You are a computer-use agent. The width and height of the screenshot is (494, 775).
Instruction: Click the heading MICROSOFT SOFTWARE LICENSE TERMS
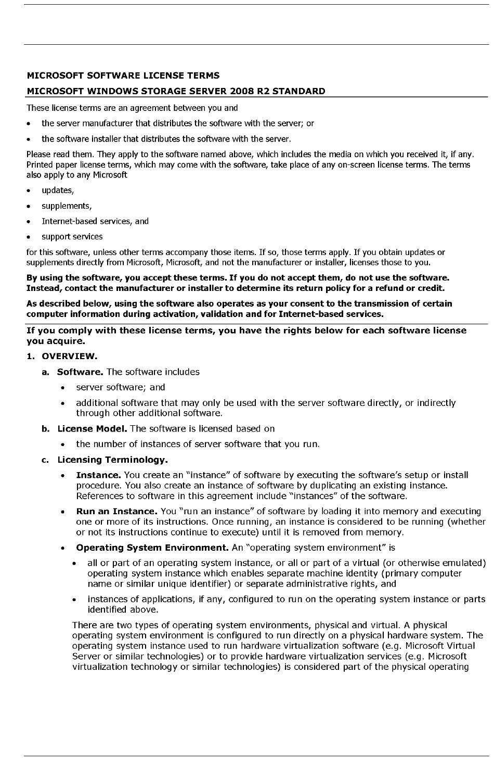click(123, 75)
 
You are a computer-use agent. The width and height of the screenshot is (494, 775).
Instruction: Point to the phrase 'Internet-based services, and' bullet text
click(95, 221)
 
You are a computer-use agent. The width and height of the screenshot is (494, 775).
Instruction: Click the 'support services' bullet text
click(72, 236)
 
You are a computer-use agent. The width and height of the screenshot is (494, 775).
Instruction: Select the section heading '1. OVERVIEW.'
click(62, 356)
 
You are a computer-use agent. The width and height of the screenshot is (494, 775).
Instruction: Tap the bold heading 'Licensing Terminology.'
click(112, 460)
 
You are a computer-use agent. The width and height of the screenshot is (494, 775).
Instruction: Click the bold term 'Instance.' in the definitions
click(98, 475)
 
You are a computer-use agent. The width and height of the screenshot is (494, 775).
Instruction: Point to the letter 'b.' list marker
click(46, 428)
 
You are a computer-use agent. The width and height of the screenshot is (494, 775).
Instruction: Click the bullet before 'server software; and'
click(63, 388)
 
